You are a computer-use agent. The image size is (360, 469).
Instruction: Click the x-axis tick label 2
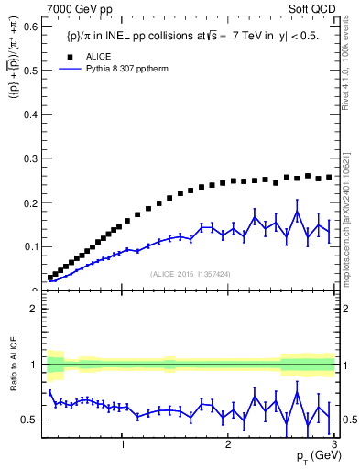[x=227, y=444]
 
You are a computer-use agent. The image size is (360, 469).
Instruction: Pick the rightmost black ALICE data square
[x=329, y=177]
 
